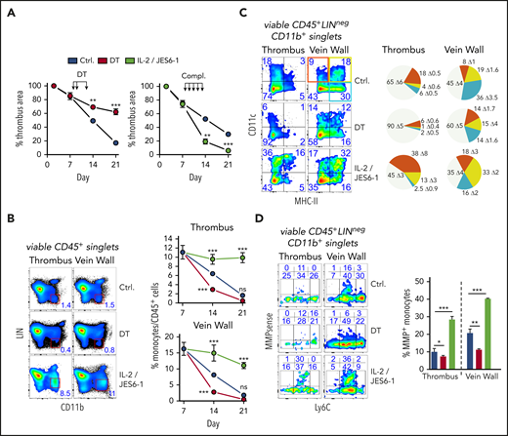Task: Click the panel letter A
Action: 8,10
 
